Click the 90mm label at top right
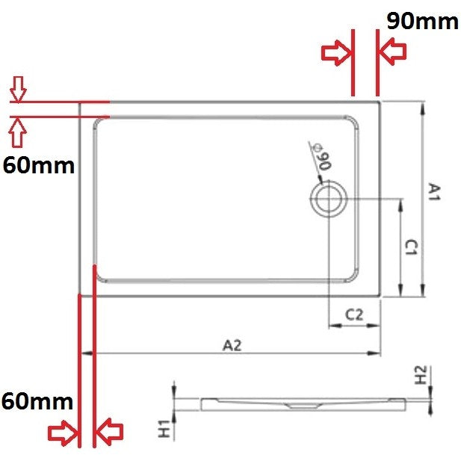tap(422, 21)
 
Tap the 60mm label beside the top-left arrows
tap(39, 166)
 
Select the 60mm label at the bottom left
tap(37, 401)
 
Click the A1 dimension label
tap(434, 192)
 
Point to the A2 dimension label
tap(232, 345)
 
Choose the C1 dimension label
tap(411, 247)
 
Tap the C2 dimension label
tap(354, 315)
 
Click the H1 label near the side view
tap(164, 428)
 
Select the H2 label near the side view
tap(421, 375)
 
